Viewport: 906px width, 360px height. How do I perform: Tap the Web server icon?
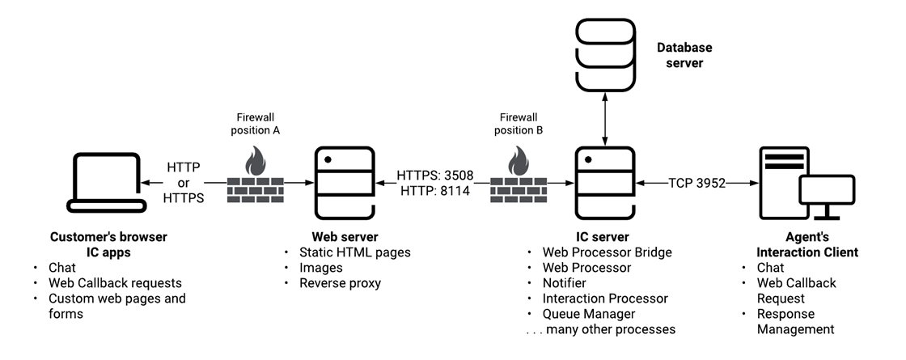(x=343, y=184)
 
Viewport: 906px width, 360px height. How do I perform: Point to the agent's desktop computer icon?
(x=806, y=184)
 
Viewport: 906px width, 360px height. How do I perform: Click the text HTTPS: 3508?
(x=434, y=175)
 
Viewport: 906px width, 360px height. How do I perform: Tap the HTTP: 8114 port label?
(x=434, y=191)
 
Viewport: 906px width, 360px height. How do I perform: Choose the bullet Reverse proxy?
(x=340, y=283)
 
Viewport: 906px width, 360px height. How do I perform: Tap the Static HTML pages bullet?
(x=354, y=252)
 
